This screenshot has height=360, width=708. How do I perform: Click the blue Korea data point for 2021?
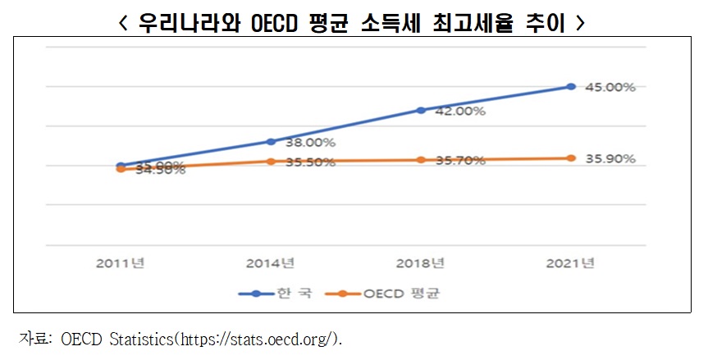571,86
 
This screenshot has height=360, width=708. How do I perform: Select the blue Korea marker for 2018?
421,110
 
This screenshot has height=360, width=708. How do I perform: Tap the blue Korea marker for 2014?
271,141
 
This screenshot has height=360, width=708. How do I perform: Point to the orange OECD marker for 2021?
571,157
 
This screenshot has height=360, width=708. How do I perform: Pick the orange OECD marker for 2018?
421,159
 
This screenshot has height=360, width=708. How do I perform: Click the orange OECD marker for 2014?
271,161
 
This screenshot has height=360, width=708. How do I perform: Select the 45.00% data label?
610,87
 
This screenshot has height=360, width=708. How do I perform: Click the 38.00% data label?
310,142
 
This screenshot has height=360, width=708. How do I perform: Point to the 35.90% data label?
610,158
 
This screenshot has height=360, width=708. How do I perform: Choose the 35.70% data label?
460,161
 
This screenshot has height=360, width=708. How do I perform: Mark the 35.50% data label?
310,162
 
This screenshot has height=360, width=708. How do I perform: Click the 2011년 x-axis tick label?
121,263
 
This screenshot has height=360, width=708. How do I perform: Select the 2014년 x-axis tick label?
271,263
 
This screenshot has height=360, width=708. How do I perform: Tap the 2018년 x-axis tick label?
421,263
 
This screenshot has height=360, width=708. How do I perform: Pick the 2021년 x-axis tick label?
571,263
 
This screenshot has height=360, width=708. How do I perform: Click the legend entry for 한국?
276,293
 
